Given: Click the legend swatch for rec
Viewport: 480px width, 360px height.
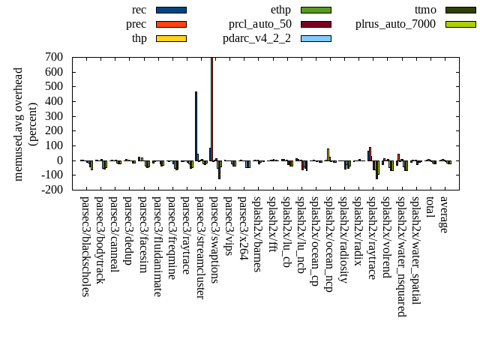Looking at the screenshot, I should point(171,10).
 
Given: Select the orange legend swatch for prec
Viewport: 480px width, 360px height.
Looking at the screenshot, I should point(171,24).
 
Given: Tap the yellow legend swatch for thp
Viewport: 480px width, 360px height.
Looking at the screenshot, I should point(171,38).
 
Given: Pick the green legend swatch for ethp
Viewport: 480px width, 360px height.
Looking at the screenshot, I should point(316,10).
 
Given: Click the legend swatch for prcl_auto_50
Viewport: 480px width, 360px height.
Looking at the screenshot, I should point(316,24).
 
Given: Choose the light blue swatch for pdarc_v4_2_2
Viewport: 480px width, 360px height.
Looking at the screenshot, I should point(316,38).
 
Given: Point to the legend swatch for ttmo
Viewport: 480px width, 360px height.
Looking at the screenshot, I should point(460,10).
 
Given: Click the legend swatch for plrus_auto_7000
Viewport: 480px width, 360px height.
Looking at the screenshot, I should point(460,24).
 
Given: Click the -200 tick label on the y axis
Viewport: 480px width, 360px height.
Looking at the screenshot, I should point(52,190).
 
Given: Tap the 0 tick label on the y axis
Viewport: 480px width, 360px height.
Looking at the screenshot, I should point(60,160).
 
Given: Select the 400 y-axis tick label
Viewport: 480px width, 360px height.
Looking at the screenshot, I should point(54,101).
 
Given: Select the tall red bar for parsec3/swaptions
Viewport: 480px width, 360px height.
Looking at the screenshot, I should point(212,108).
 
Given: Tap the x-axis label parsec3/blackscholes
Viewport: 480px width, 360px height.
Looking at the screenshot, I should point(85,247).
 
